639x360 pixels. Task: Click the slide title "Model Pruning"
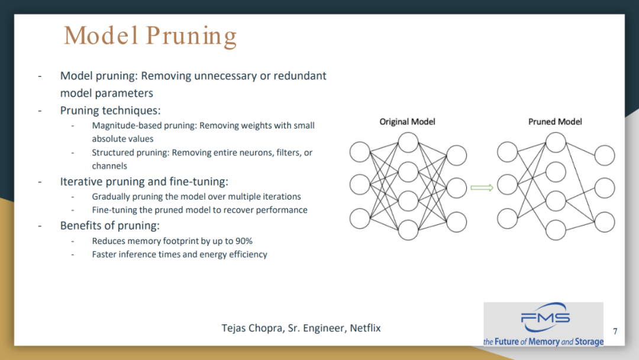150,36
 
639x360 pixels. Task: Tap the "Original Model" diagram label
407,121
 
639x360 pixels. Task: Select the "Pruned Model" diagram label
555,121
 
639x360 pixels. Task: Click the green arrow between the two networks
482,188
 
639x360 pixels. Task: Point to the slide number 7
615,331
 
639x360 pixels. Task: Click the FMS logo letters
546,319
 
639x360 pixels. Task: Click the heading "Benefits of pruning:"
110,226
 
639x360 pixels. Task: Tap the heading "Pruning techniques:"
111,111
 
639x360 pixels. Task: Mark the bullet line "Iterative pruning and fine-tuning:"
144,182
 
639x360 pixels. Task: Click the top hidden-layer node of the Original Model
408,143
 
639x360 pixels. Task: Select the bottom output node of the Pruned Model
605,221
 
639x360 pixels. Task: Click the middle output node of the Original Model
457,188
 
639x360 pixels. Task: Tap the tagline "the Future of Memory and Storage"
543,342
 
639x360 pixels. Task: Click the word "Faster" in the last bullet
105,255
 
